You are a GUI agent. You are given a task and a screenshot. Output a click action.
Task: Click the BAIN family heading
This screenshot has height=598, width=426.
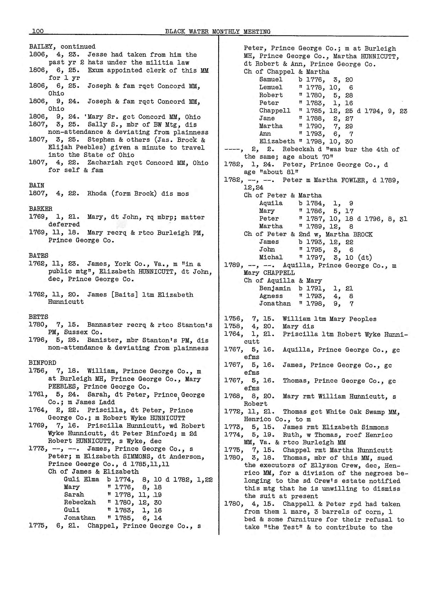[x=36, y=185]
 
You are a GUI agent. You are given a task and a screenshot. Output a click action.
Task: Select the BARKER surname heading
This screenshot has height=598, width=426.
[x=41, y=209]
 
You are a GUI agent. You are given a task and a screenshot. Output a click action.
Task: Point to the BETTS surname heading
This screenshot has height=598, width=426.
[x=39, y=317]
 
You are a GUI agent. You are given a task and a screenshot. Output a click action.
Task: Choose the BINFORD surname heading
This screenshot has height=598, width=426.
[x=42, y=363]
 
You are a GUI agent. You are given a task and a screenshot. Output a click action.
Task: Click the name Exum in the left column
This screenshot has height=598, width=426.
[x=95, y=70]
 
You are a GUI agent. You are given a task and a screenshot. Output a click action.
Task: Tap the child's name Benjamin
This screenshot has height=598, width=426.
[x=275, y=288]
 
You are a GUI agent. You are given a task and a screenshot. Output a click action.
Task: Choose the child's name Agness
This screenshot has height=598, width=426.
[x=271, y=296]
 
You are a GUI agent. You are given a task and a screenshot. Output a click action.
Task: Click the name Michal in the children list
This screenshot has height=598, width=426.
[x=271, y=257]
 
